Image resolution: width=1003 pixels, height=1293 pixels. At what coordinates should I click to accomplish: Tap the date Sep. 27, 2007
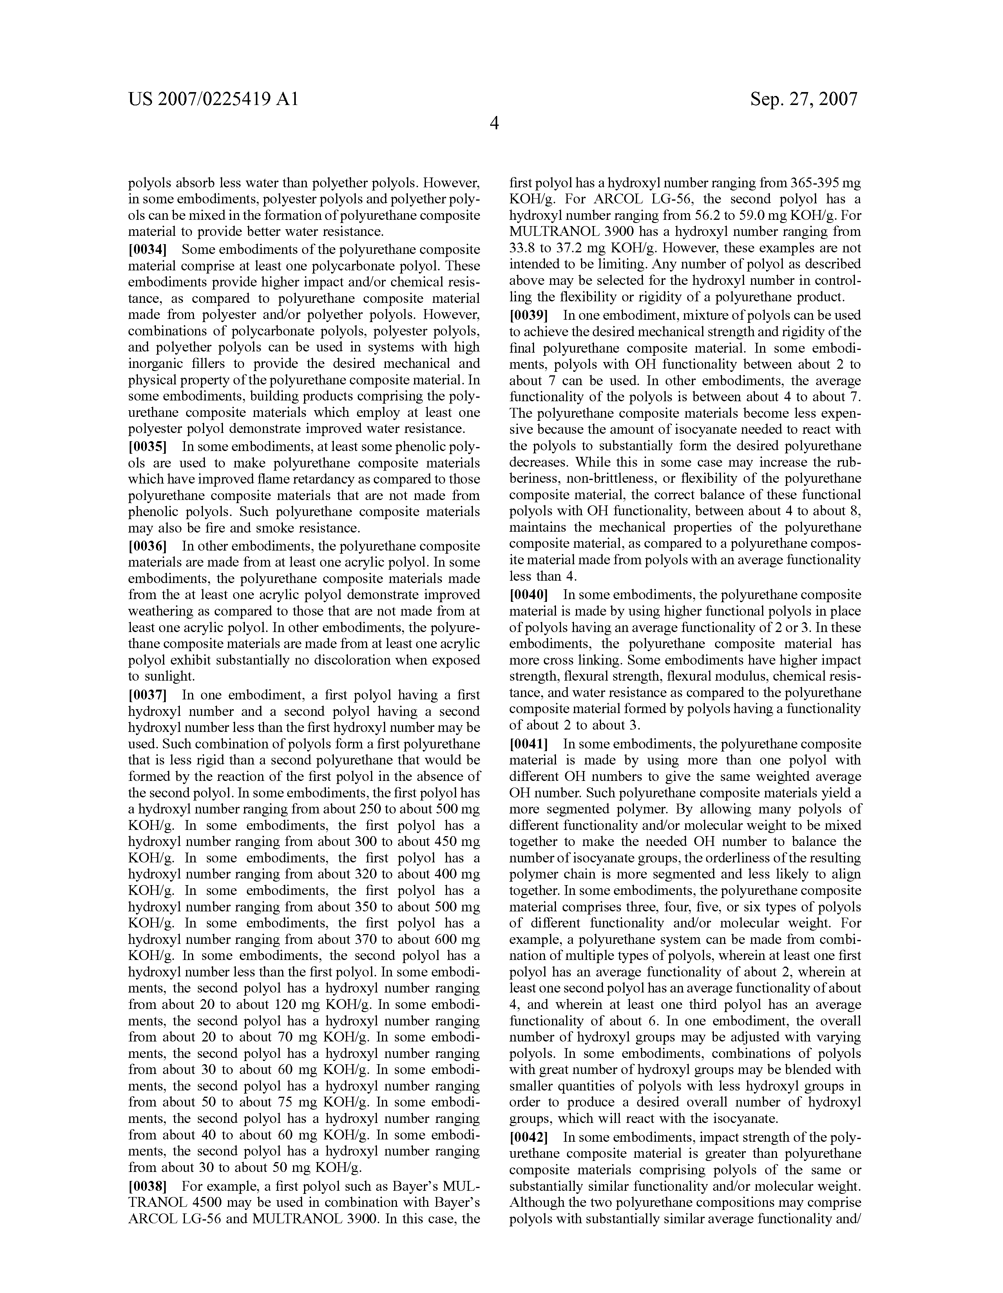click(x=804, y=99)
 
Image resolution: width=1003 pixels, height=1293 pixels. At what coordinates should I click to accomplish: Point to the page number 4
click(x=494, y=123)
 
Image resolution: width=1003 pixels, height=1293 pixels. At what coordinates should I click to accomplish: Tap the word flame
click(x=249, y=479)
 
